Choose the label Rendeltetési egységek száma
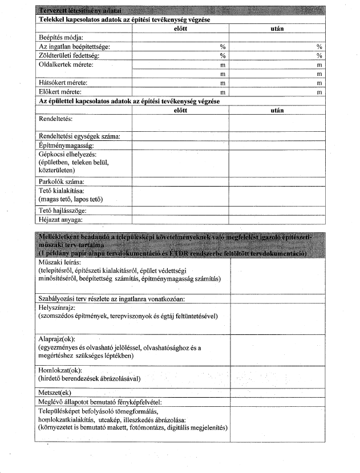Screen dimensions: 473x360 (x=83, y=136)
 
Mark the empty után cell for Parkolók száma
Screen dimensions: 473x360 (x=276, y=182)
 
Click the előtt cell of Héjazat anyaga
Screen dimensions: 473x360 (x=180, y=219)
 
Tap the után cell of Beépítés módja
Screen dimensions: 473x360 (x=276, y=37)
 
